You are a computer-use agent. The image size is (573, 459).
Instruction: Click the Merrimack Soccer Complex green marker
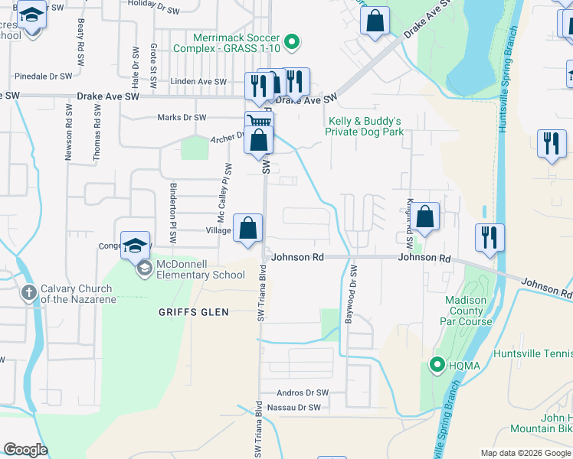coord(291,43)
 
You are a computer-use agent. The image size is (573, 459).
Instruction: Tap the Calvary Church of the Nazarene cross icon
coord(28,292)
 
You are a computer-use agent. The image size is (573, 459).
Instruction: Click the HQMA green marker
coord(437,365)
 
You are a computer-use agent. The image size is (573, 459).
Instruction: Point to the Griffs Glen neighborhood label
coord(188,311)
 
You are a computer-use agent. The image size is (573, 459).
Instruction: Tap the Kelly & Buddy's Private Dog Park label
coord(364,126)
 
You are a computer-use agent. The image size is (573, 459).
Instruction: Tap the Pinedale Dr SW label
coord(44,76)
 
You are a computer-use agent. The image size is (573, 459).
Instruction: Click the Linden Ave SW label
coord(198,82)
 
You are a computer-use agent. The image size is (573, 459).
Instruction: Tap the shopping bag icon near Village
coord(247,227)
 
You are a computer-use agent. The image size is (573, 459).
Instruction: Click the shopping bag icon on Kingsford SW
coord(426,217)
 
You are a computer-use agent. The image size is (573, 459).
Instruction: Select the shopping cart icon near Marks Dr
coord(260,122)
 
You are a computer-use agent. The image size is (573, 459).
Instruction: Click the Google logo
coord(26,449)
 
